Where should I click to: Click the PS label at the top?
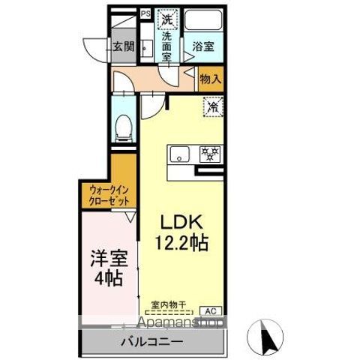click(145, 13)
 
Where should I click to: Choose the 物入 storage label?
click(211, 78)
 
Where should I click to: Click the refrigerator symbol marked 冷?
click(212, 107)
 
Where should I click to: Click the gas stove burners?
click(209, 154)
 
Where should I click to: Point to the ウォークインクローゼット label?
click(109, 196)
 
